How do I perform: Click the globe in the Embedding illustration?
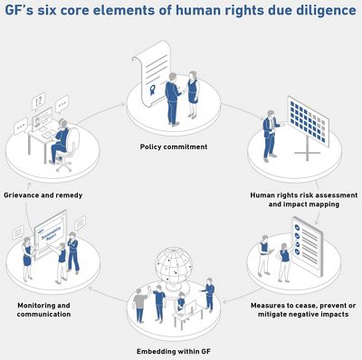tap(176, 268)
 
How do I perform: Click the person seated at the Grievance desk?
tap(60, 139)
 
